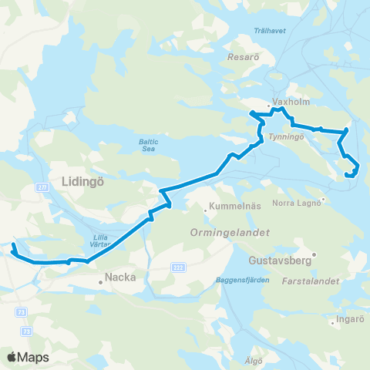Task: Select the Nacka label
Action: pyautogui.click(x=119, y=282)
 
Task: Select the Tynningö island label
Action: pyautogui.click(x=287, y=136)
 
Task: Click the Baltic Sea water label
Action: pyautogui.click(x=149, y=144)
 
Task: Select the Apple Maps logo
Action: pyautogui.click(x=29, y=357)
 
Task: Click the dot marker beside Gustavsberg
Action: pyautogui.click(x=314, y=254)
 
